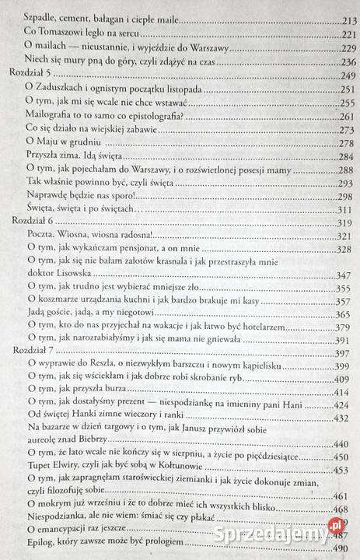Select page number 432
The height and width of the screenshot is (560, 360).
(x=345, y=418)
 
